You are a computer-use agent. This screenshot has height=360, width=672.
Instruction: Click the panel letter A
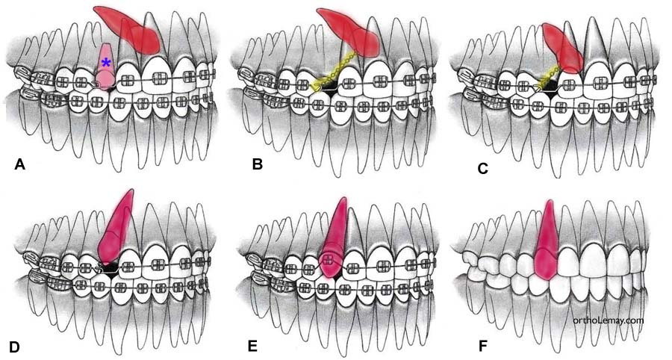(x=20, y=165)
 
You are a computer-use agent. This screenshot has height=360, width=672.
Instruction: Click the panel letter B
(x=258, y=165)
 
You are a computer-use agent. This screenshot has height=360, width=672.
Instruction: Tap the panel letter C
(x=483, y=169)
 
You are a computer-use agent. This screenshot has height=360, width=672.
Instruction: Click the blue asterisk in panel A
(x=106, y=63)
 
